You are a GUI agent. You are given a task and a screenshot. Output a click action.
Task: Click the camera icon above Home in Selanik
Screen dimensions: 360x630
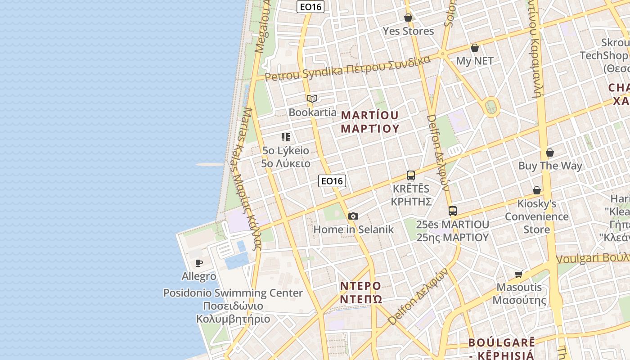click(353, 216)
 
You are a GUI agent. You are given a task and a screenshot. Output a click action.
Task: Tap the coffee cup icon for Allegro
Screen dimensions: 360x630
click(199, 263)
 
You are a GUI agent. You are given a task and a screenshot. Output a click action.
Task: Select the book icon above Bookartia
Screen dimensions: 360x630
click(312, 99)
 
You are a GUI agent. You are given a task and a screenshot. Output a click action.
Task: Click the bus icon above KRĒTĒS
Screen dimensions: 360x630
click(410, 175)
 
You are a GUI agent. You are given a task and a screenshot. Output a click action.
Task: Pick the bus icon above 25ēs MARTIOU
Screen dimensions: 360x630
click(453, 211)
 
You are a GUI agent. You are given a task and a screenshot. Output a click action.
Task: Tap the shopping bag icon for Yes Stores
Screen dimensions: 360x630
click(408, 18)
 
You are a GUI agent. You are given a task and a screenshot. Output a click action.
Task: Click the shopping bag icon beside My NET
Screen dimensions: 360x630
click(475, 48)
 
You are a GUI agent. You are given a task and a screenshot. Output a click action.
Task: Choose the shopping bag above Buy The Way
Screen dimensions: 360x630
click(550, 153)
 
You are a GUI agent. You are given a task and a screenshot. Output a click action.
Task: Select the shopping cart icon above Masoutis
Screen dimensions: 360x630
click(519, 274)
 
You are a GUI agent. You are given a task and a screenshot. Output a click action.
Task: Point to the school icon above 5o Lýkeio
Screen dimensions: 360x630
click(286, 137)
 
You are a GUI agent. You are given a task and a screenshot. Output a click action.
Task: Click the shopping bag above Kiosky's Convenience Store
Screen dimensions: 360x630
click(537, 190)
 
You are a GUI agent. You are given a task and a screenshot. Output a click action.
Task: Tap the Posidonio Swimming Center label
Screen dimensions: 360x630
click(233, 293)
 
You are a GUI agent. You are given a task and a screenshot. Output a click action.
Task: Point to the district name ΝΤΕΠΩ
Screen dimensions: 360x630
click(361, 299)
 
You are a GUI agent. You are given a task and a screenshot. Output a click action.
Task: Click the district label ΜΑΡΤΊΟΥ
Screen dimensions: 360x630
click(370, 115)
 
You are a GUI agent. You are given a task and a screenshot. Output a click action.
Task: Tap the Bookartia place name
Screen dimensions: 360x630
click(312, 112)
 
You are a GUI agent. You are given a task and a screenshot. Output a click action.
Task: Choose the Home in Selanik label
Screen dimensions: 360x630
click(353, 229)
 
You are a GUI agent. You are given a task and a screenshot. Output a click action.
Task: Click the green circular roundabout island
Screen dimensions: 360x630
click(491, 107)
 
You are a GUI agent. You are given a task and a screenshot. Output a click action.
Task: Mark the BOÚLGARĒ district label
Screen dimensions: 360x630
click(501, 342)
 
